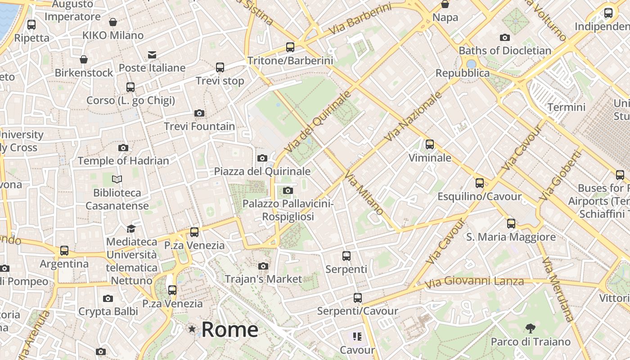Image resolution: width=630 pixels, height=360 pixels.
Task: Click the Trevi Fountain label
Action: point(199,126)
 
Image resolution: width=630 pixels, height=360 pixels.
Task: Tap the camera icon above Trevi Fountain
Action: point(199,113)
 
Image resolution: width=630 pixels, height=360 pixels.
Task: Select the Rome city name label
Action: point(229,330)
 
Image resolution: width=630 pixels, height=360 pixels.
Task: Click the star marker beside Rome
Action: point(192,329)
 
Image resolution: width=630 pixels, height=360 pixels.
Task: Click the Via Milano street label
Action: point(365,193)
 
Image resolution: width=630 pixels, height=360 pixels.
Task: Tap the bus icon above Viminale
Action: point(430,144)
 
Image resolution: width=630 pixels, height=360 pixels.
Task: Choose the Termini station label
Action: point(566,107)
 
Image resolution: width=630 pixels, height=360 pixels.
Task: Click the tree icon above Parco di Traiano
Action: point(531,328)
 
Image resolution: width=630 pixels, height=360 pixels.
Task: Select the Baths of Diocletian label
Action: point(505,50)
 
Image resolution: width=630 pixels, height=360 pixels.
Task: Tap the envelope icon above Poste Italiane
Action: point(152,55)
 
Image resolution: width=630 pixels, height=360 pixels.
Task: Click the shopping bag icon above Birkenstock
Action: point(84,59)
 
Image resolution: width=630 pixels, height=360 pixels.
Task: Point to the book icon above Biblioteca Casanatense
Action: point(117,180)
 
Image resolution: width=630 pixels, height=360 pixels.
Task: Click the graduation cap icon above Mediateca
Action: point(131,229)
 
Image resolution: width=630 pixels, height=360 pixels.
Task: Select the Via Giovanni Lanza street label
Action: point(475,282)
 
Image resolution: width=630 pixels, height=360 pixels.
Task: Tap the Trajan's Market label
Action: point(263,279)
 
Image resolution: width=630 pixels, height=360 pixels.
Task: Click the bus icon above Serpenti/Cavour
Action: point(358,297)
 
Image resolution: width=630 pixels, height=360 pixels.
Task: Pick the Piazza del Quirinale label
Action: point(262,171)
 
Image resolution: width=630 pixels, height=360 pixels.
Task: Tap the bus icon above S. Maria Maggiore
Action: point(511,223)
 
